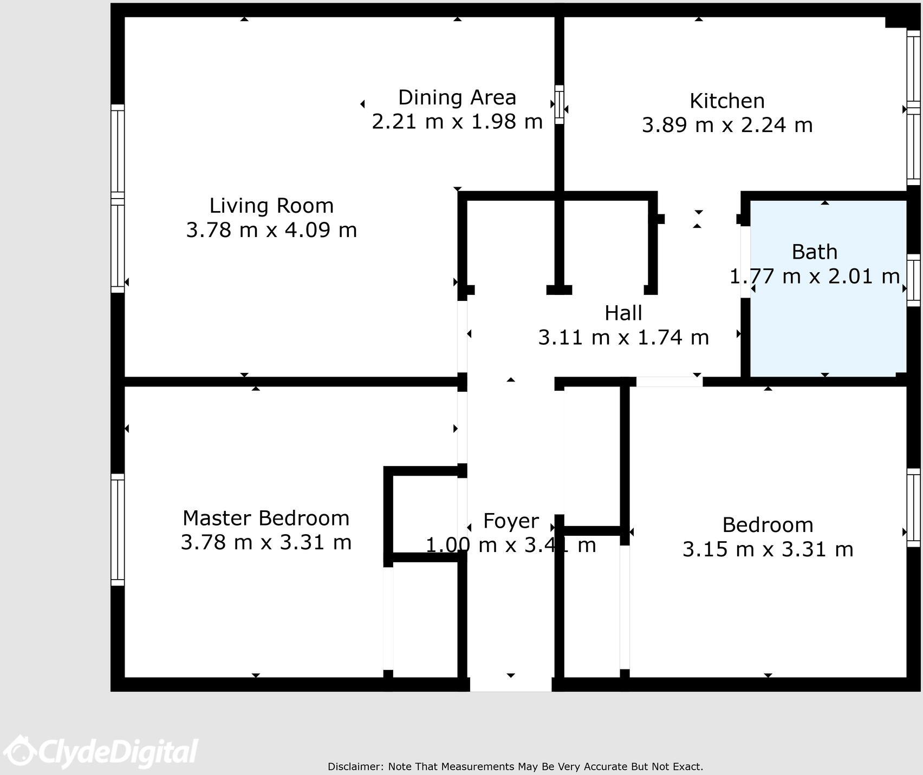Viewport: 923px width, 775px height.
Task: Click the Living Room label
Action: pyautogui.click(x=271, y=206)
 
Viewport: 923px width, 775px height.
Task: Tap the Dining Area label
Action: pyautogui.click(x=457, y=97)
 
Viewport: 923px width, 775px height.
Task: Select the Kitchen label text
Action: pyautogui.click(x=727, y=101)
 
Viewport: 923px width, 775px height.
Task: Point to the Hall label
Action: pyautogui.click(x=623, y=313)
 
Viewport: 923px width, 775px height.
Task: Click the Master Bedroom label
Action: pyautogui.click(x=266, y=518)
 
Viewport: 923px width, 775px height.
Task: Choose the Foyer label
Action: pyautogui.click(x=511, y=521)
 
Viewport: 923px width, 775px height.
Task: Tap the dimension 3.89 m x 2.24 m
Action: pyautogui.click(x=727, y=125)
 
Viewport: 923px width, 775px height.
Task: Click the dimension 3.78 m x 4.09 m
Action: pyautogui.click(x=271, y=230)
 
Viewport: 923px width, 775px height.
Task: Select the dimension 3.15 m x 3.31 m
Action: pyautogui.click(x=768, y=549)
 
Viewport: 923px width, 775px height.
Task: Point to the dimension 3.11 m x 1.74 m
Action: pyautogui.click(x=623, y=337)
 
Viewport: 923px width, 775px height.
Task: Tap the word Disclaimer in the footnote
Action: pyautogui.click(x=356, y=766)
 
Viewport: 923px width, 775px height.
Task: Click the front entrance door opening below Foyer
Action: pyautogui.click(x=511, y=684)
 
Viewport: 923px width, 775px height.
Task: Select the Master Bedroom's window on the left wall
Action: pyautogui.click(x=118, y=530)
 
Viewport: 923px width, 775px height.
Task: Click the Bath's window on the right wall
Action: pyautogui.click(x=913, y=280)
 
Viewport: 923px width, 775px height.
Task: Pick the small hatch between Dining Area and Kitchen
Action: pyautogui.click(x=560, y=104)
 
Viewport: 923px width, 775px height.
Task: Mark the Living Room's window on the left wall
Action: pyautogui.click(x=118, y=199)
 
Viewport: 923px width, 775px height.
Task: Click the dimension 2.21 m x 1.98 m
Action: pyautogui.click(x=457, y=121)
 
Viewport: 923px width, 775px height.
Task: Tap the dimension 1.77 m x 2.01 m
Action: pyautogui.click(x=814, y=277)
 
